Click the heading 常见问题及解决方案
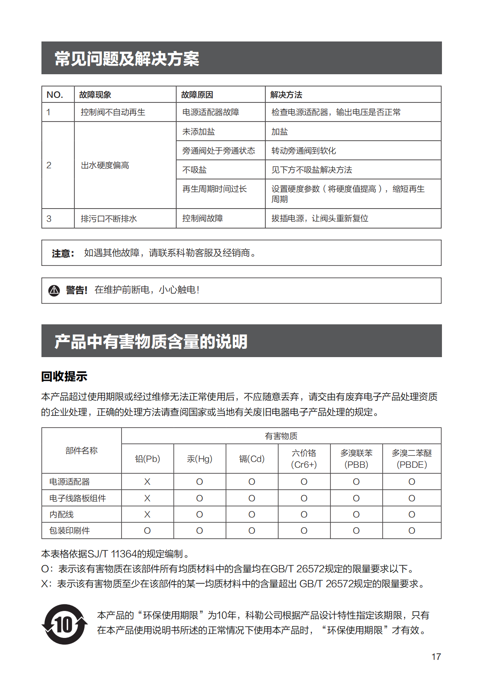tap(127, 58)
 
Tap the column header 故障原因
tap(197, 95)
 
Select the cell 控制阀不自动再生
tap(113, 112)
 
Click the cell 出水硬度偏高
tap(105, 165)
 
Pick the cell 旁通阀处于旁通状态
tap(218, 151)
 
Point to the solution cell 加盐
tap(279, 131)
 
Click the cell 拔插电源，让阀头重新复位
tap(320, 218)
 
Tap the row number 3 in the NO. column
tap(49, 219)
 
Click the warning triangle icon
tap(54, 290)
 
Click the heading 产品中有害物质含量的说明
tap(151, 341)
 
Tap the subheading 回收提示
tap(64, 376)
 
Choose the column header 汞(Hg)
tap(199, 459)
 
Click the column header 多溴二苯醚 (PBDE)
tap(412, 459)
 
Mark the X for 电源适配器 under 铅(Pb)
tap(147, 482)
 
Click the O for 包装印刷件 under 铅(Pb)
tap(147, 530)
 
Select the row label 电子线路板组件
tap(78, 498)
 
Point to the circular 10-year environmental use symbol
tap(65, 624)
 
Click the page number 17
tap(436, 657)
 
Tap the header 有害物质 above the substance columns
tap(281, 436)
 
